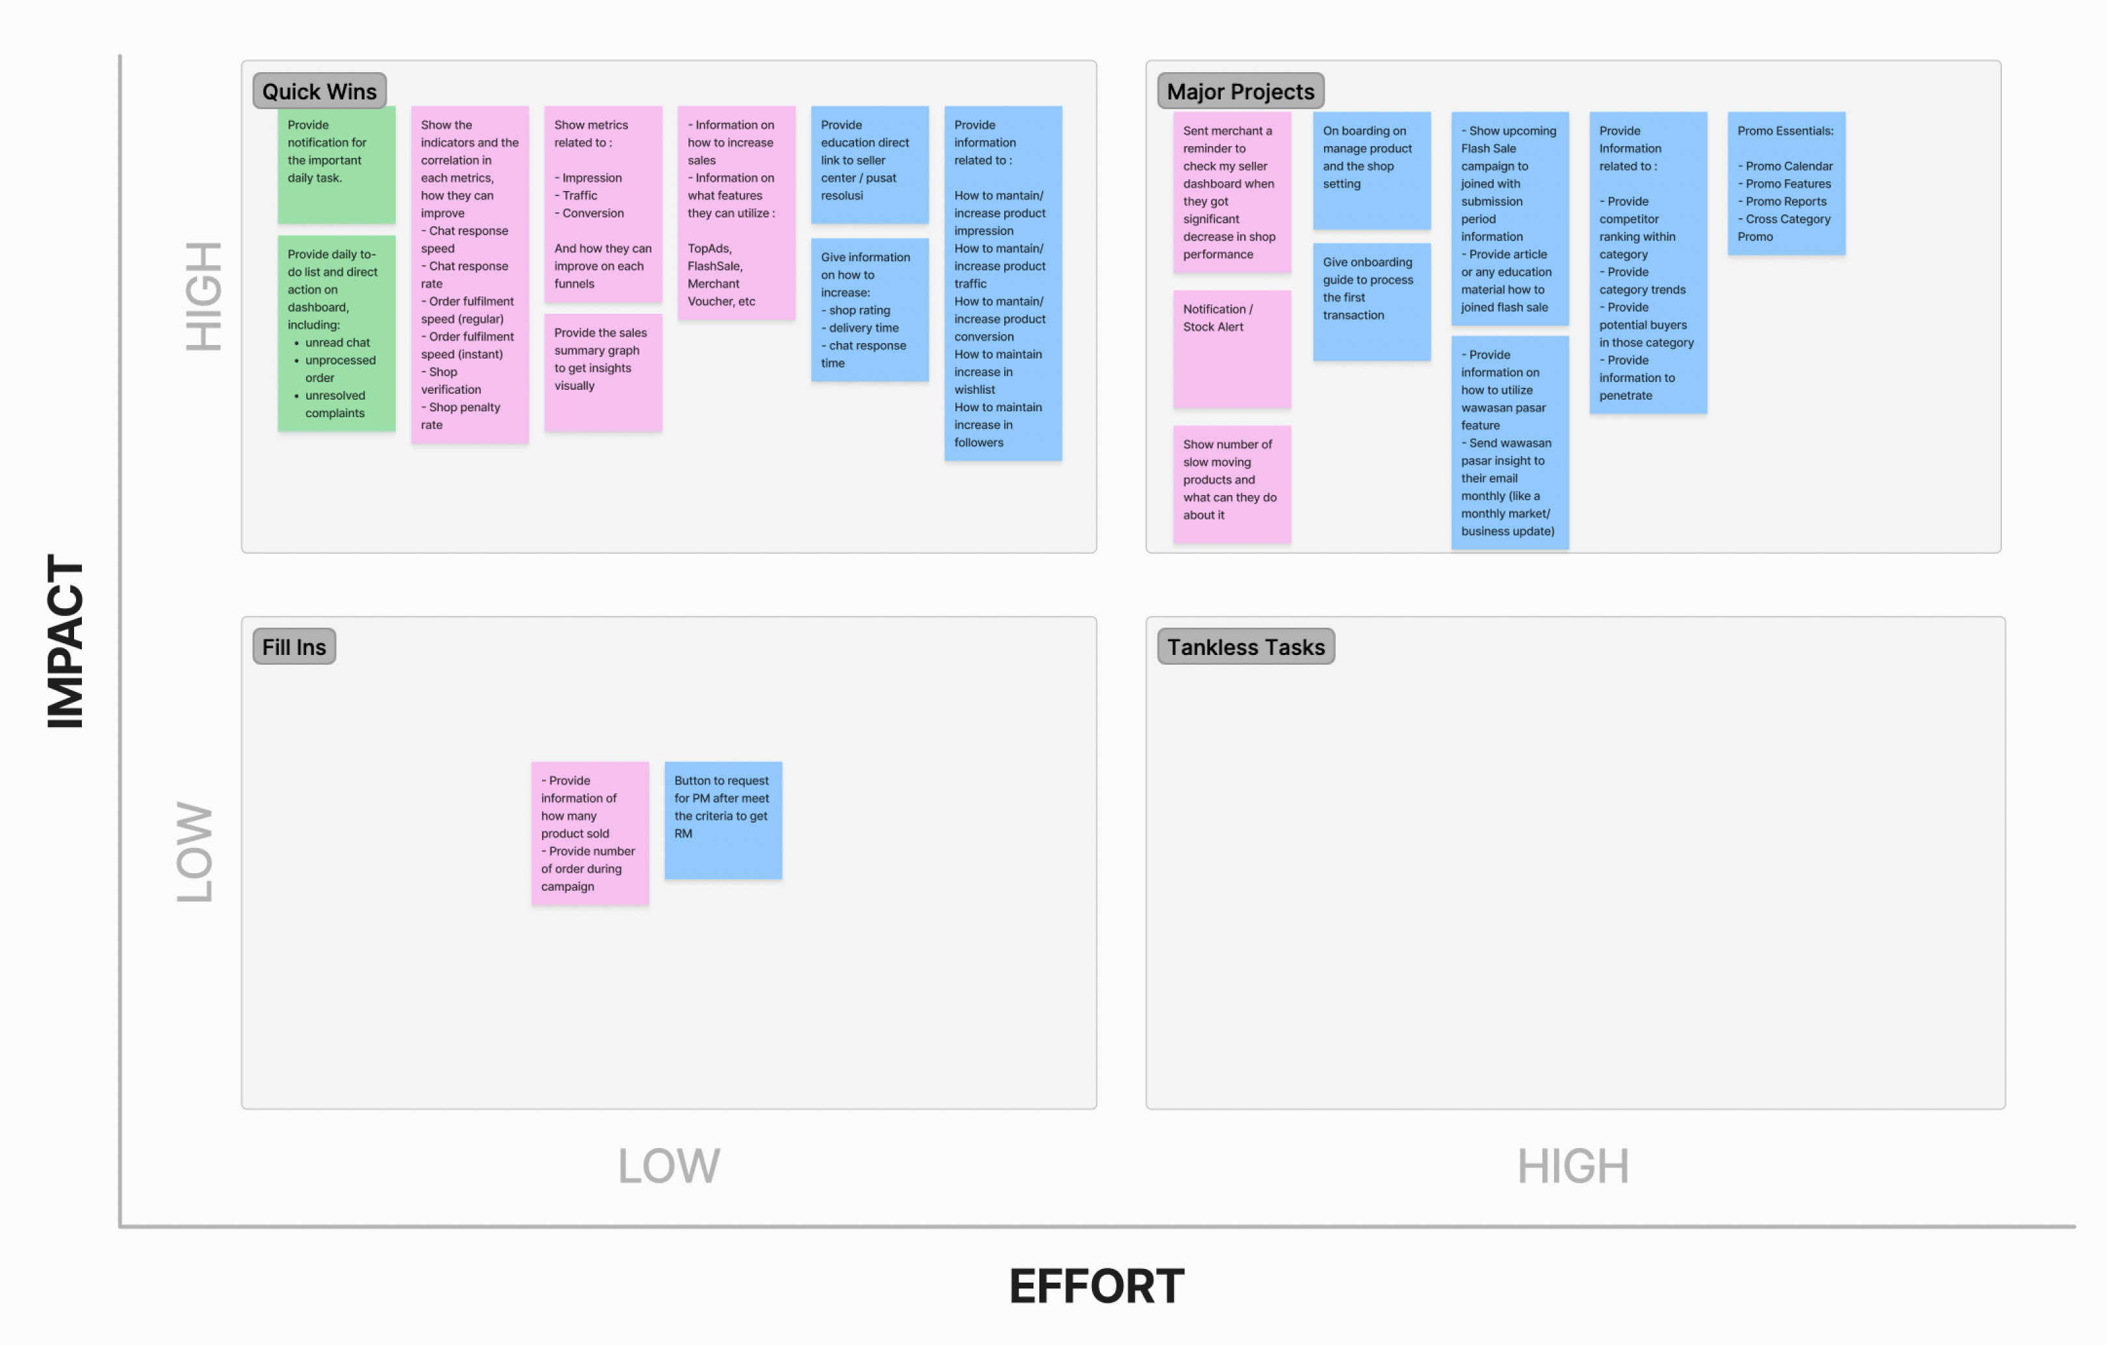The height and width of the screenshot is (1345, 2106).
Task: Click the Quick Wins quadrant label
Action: point(319,91)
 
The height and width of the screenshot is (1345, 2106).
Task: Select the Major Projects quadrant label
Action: point(1240,91)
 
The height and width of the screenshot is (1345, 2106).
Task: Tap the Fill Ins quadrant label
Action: point(294,647)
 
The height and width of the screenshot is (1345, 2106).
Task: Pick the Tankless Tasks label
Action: point(1245,647)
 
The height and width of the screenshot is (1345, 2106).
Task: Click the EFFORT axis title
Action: point(1097,1287)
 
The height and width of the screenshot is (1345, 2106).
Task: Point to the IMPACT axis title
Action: point(66,641)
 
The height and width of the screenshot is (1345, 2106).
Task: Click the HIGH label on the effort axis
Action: point(1572,1166)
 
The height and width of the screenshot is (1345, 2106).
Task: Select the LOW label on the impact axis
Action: point(194,852)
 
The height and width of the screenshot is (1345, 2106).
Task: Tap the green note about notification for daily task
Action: point(337,164)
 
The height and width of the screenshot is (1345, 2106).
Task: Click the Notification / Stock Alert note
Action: point(1231,349)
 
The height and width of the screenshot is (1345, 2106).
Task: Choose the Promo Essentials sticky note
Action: point(1786,183)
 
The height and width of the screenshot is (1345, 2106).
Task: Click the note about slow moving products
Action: point(1231,483)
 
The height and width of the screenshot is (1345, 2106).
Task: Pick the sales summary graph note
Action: point(603,372)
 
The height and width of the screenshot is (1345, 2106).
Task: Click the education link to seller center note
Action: point(869,164)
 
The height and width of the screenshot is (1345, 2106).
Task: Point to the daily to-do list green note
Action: point(337,332)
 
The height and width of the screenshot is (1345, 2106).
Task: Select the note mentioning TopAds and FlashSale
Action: point(736,212)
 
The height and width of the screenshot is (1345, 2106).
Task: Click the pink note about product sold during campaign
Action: point(590,832)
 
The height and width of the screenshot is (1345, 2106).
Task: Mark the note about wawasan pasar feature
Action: point(1509,442)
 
